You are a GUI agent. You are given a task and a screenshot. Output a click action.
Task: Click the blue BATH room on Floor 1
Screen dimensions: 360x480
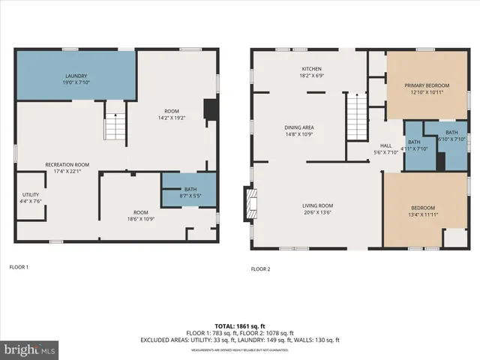(188, 191)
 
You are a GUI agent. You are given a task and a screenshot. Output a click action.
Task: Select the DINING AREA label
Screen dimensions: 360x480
(298, 130)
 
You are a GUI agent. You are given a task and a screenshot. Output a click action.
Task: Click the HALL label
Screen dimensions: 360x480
(385, 148)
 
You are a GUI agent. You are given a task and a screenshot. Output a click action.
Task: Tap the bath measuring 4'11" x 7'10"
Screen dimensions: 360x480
(413, 145)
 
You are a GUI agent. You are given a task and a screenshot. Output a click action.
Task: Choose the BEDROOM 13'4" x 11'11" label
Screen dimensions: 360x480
(422, 210)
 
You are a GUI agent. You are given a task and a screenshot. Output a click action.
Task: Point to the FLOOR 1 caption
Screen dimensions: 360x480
(18, 266)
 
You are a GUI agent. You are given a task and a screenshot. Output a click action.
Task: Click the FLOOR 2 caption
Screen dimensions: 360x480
(260, 268)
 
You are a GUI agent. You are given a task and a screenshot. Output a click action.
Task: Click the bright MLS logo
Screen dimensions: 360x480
(30, 349)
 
